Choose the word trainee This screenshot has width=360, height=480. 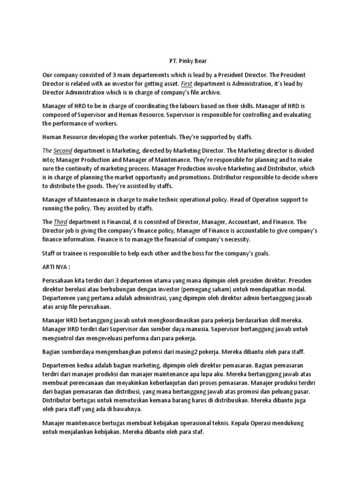pyautogui.click(x=69, y=253)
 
